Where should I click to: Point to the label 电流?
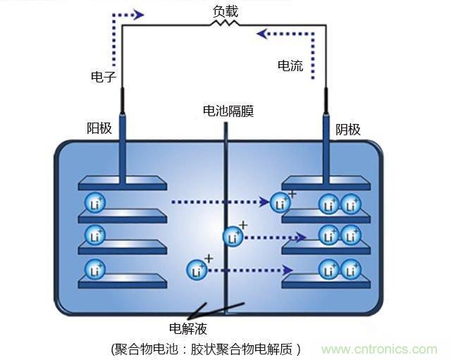[x=290, y=66]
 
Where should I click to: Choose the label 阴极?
[x=347, y=129]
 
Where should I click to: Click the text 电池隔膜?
[x=227, y=111]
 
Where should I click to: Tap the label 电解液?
[x=188, y=328]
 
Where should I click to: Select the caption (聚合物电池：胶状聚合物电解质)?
[x=206, y=349]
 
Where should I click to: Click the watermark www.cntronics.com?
[x=379, y=349]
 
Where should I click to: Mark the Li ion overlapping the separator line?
[x=233, y=237]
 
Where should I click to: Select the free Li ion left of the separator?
[x=197, y=269]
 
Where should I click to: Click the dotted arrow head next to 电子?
[x=138, y=14]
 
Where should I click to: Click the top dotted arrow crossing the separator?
[x=218, y=203]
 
